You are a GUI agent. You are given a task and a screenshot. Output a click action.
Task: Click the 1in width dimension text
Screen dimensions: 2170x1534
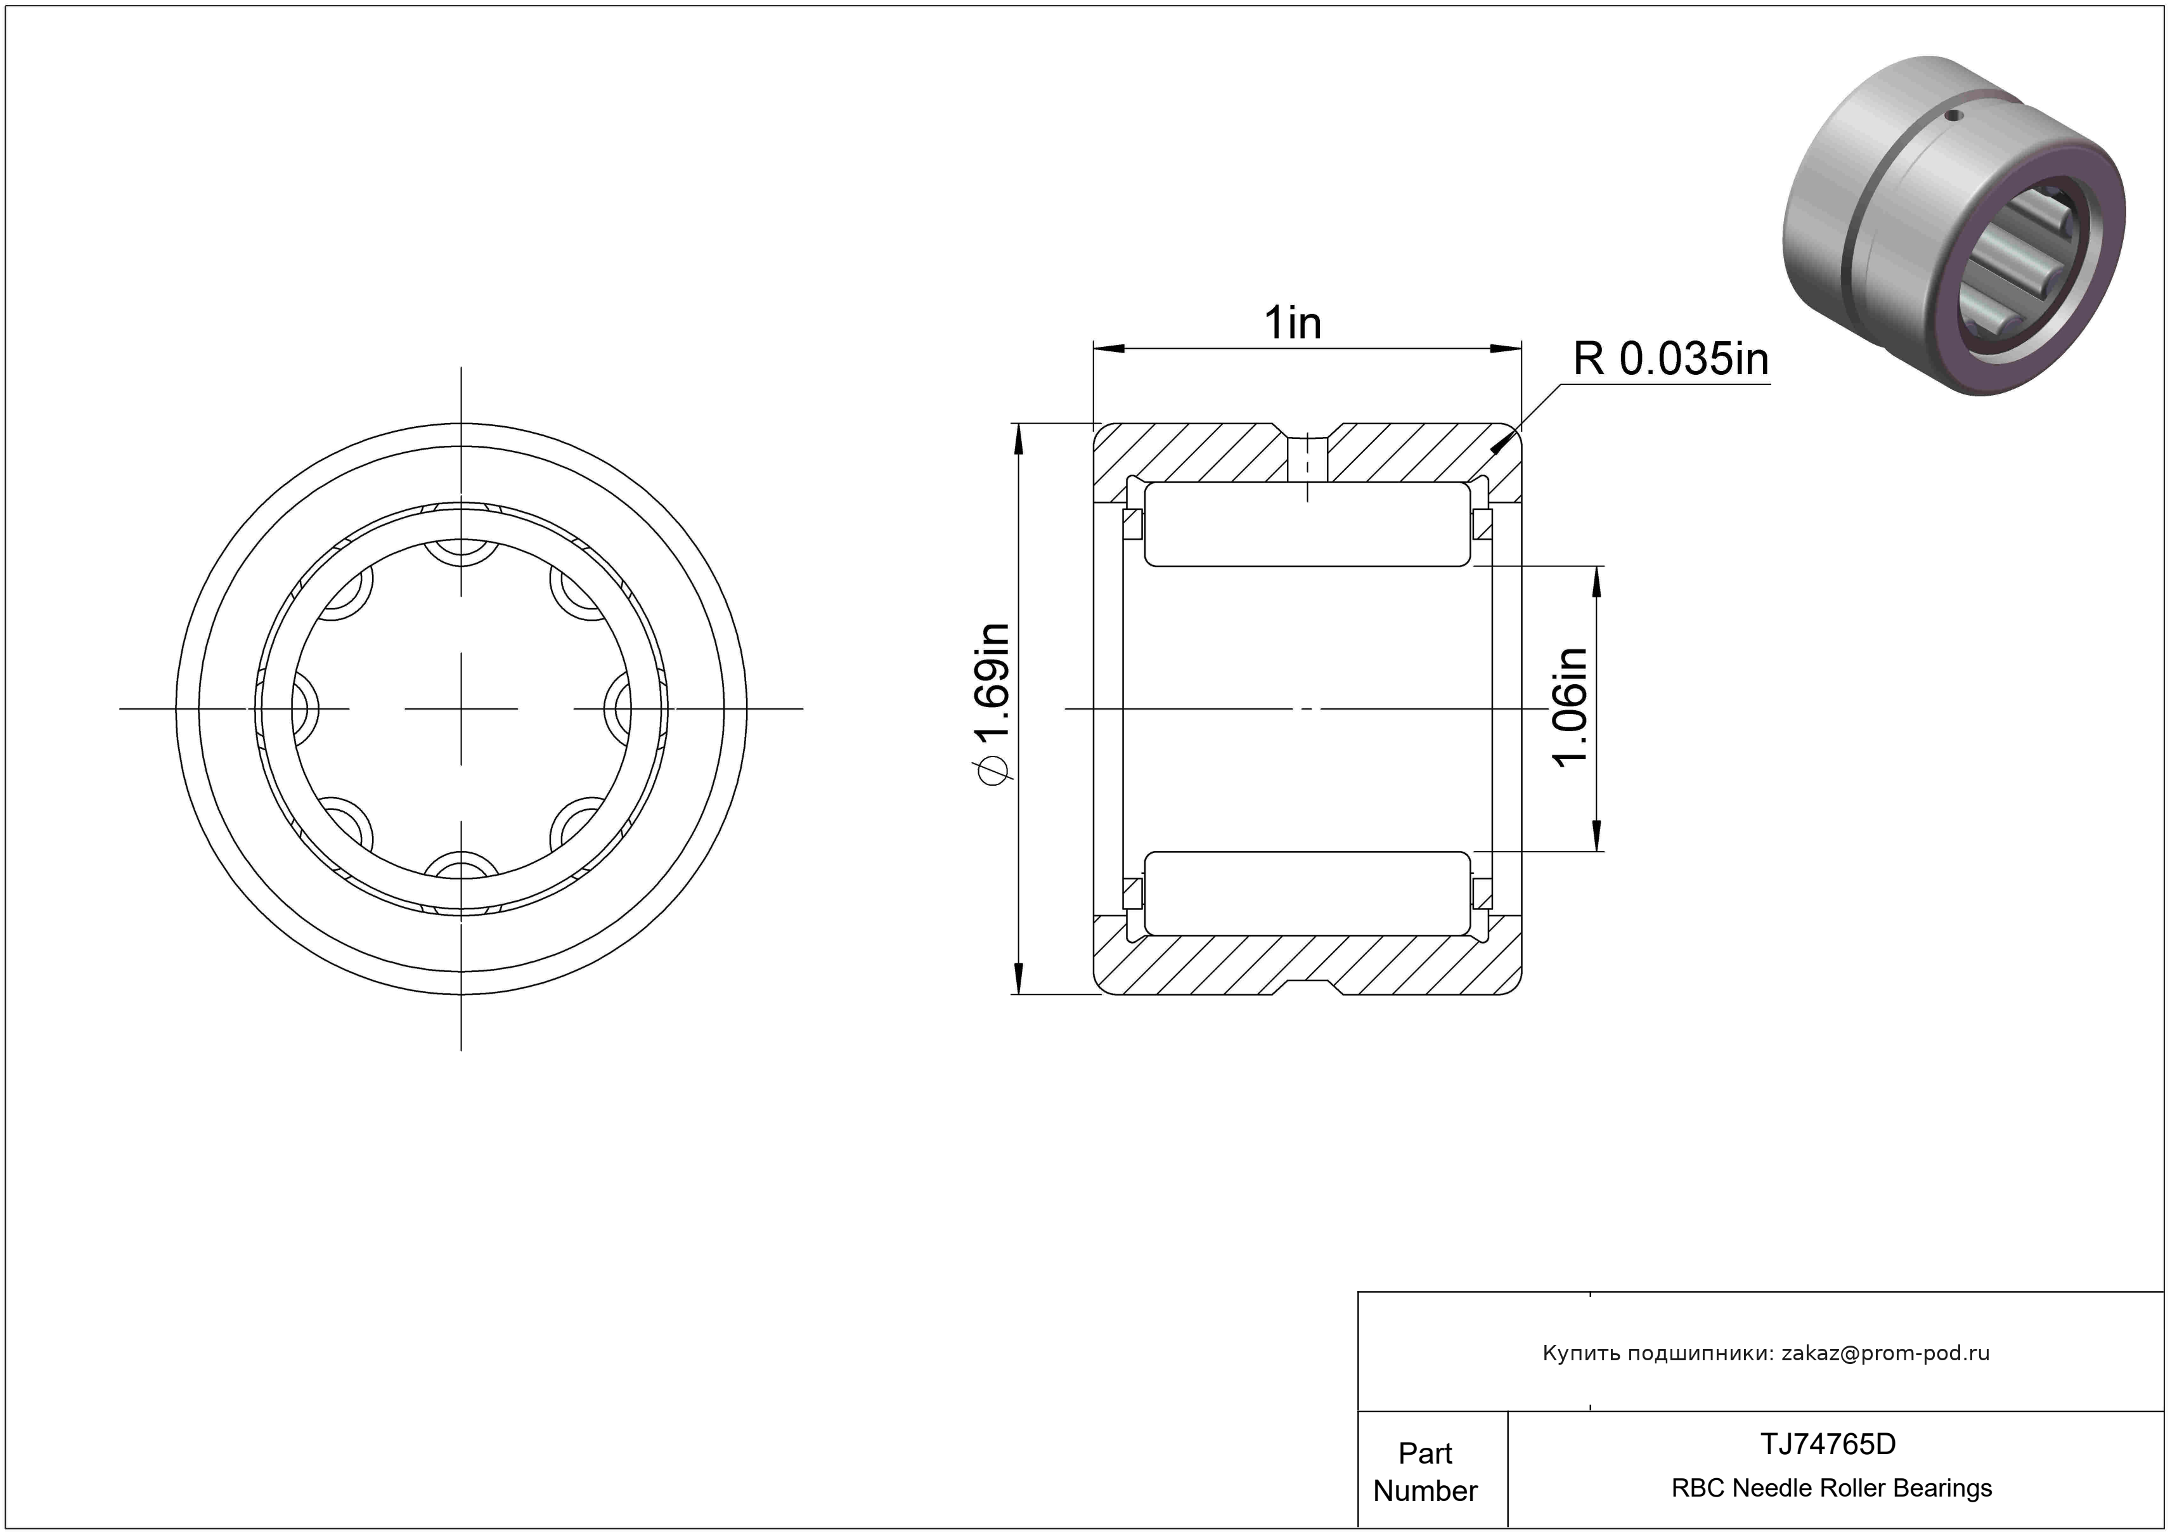(1292, 323)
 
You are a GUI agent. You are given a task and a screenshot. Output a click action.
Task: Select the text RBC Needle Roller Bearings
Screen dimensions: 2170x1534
(1831, 1488)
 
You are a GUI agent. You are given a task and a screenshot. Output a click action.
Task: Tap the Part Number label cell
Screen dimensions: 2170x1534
(1425, 1472)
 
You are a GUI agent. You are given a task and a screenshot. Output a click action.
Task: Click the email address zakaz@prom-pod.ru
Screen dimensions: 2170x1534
(1885, 1353)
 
